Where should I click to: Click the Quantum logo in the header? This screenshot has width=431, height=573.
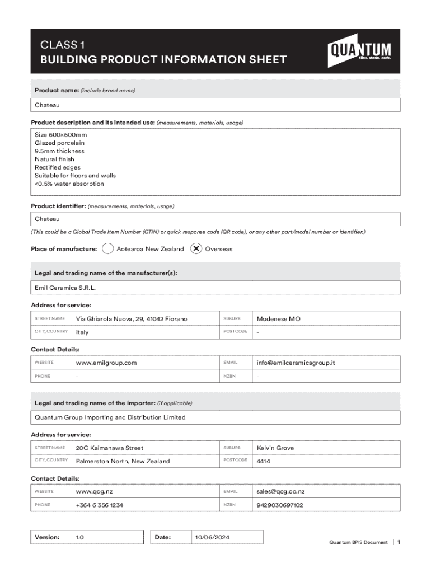click(359, 51)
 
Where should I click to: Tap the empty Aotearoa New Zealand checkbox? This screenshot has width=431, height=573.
click(108, 249)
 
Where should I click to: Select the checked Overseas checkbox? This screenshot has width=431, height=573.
click(196, 249)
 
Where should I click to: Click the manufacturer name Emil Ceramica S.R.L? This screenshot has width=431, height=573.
click(69, 288)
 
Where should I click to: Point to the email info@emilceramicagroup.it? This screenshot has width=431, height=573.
click(296, 363)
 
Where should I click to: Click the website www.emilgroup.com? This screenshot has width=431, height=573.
click(106, 363)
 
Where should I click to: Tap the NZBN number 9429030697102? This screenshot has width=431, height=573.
click(280, 505)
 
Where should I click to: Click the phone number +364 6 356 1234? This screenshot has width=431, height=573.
click(100, 505)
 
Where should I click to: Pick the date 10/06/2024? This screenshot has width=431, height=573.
click(212, 537)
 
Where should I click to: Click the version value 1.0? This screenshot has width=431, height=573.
click(80, 537)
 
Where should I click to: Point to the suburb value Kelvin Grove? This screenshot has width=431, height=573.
click(275, 448)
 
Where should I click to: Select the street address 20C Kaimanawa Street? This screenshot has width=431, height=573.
click(110, 448)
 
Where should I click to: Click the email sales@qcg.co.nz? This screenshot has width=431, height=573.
click(281, 491)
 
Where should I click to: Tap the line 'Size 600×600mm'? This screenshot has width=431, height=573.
click(61, 135)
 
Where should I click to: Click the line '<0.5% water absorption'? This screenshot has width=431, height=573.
click(69, 184)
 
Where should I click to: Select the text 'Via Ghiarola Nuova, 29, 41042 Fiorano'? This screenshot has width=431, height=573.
click(132, 319)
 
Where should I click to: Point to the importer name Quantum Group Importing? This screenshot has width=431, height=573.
click(110, 417)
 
